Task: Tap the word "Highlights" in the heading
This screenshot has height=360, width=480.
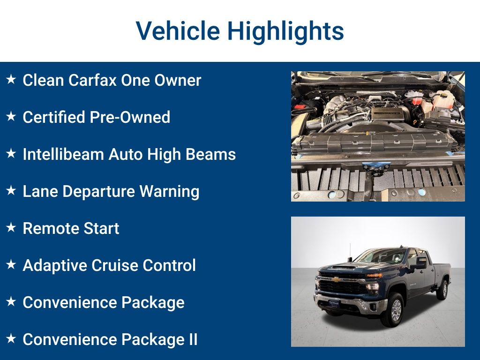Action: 285,31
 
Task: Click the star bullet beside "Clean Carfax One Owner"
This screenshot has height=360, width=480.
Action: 11,80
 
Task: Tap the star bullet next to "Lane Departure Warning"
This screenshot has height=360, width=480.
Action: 11,191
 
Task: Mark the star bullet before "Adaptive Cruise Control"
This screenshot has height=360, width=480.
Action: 11,265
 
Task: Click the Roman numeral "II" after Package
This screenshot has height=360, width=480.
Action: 193,339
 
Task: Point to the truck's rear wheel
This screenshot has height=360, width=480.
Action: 442,289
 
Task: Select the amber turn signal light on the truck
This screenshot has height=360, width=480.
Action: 374,275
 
